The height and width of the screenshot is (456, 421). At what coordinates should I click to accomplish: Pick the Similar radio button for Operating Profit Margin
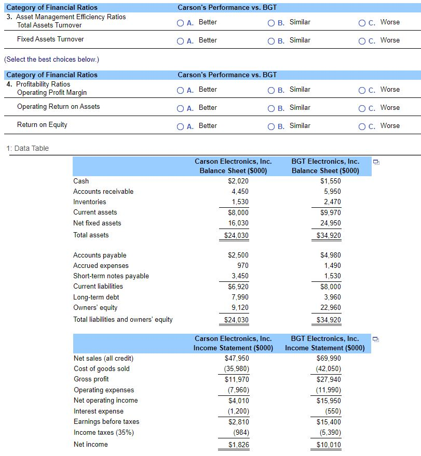coord(271,90)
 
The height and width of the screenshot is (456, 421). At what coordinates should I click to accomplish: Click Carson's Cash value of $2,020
coord(238,181)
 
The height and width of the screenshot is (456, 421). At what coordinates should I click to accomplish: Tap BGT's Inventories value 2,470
coord(332,202)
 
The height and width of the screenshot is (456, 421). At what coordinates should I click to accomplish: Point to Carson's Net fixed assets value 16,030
coord(238,223)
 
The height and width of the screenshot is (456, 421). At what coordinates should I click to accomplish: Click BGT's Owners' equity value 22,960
coord(331,307)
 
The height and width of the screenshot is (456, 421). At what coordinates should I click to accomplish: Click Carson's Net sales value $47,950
coord(237,358)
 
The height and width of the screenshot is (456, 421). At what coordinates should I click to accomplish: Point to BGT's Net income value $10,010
coord(329,445)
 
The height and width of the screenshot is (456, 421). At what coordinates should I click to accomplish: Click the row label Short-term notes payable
coord(111,276)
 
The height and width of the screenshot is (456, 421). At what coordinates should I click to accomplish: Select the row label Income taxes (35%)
coord(103,432)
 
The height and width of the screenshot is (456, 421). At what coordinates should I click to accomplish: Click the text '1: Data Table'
coord(28,148)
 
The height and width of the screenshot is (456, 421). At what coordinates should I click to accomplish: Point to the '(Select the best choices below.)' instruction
coord(51,59)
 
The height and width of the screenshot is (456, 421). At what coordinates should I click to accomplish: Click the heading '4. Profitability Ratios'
coord(38,84)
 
